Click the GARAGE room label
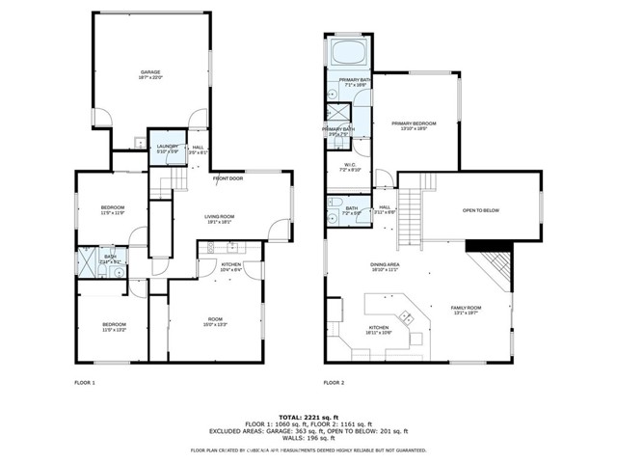click(x=150, y=73)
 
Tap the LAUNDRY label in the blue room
click(x=167, y=147)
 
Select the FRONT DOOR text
click(x=228, y=178)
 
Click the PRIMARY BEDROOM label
click(x=414, y=123)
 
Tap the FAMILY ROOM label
click(x=467, y=308)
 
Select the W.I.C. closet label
click(x=349, y=165)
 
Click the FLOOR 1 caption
click(x=85, y=383)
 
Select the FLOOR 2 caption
click(x=333, y=383)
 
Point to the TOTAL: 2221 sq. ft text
click(x=308, y=412)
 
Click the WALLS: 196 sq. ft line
click(x=308, y=439)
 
